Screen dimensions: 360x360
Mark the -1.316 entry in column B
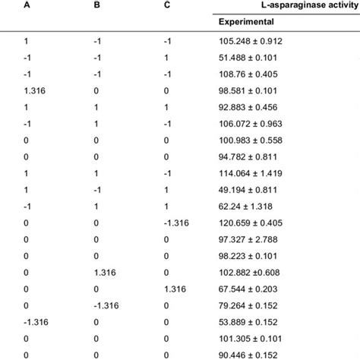[x=105, y=305]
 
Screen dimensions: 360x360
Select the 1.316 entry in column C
[x=174, y=292]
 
